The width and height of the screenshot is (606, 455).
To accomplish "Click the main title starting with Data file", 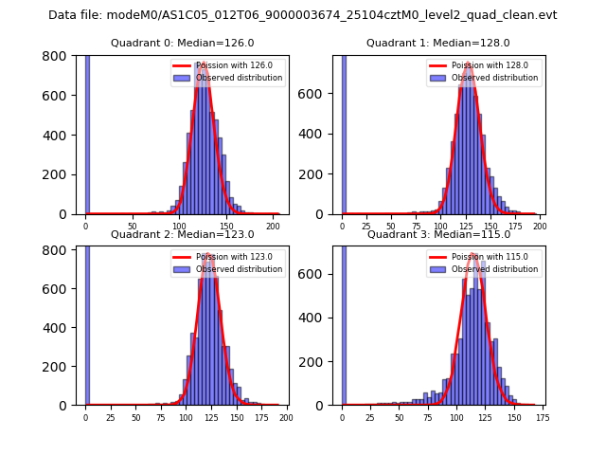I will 303,15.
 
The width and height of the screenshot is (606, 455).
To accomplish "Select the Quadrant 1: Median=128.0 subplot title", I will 438,43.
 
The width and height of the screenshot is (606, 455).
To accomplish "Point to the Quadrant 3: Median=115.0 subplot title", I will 438,234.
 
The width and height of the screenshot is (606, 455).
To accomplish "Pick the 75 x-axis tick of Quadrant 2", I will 160,417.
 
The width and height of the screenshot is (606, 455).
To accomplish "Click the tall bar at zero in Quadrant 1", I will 343,133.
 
